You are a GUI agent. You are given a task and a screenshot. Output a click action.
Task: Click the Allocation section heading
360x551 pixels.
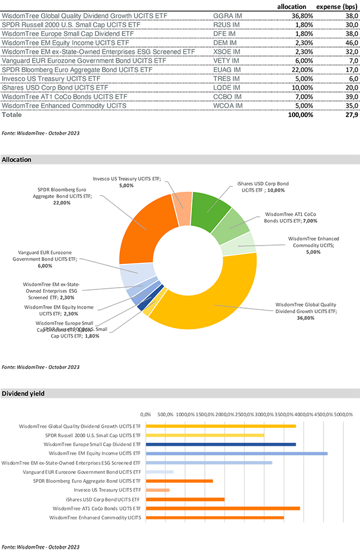(x=17, y=160)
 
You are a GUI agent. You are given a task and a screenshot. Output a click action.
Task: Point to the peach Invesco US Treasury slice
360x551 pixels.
(x=182, y=210)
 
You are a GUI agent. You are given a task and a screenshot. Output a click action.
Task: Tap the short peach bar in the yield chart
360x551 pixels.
(x=158, y=490)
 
